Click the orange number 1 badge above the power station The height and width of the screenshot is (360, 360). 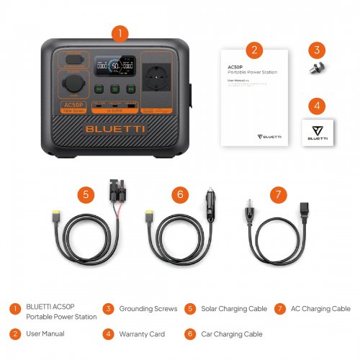tap(121, 33)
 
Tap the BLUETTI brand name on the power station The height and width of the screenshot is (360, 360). tap(115, 130)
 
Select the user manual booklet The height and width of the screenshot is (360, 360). tap(252, 97)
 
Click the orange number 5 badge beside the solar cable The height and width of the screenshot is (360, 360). tap(86, 194)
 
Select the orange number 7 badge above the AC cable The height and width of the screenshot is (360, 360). tap(277, 194)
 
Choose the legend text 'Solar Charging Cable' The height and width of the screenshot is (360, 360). tap(233, 309)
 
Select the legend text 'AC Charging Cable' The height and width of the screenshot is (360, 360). tap(320, 309)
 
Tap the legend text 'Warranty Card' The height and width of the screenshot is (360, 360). tap(142, 334)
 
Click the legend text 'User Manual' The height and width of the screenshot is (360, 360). tap(45, 334)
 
